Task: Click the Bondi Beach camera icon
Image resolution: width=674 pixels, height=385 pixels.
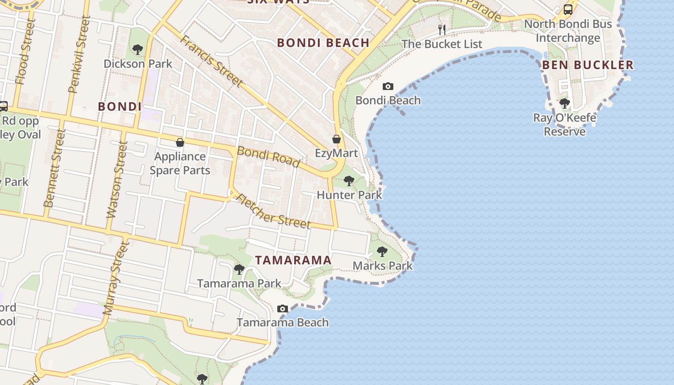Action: (x=388, y=87)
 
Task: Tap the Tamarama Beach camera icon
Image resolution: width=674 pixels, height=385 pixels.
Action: (x=283, y=308)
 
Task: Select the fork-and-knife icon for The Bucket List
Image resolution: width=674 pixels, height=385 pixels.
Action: (x=442, y=30)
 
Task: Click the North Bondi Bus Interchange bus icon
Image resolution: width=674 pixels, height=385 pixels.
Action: (x=568, y=10)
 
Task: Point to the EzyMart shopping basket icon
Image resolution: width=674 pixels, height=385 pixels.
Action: (x=337, y=139)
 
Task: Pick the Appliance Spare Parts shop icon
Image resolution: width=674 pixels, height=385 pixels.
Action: (x=180, y=142)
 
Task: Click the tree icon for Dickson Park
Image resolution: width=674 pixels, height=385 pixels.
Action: (x=138, y=49)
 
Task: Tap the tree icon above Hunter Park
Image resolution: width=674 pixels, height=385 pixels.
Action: (x=349, y=181)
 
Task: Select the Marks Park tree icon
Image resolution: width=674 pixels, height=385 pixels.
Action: (x=382, y=251)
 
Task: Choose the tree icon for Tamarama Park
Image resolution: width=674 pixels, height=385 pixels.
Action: (x=239, y=269)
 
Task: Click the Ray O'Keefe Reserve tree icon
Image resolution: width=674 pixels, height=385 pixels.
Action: (x=565, y=103)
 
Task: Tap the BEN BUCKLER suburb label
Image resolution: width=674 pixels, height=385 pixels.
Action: (x=588, y=65)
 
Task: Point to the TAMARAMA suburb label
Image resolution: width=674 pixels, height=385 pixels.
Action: (x=293, y=260)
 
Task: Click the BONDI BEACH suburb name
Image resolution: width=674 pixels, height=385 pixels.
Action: (x=323, y=43)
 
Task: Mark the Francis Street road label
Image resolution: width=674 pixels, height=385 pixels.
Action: (x=211, y=61)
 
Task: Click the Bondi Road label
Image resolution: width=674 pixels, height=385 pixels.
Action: (x=268, y=157)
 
